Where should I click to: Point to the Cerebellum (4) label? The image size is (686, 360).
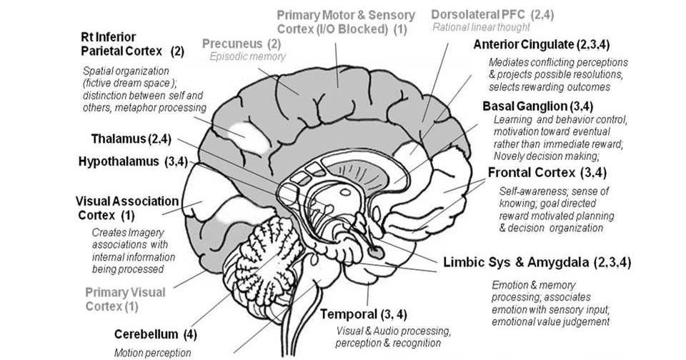pyautogui.click(x=156, y=334)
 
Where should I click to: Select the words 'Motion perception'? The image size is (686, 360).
pyautogui.click(x=152, y=351)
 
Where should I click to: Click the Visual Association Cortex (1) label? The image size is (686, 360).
pyautogui.click(x=126, y=208)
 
